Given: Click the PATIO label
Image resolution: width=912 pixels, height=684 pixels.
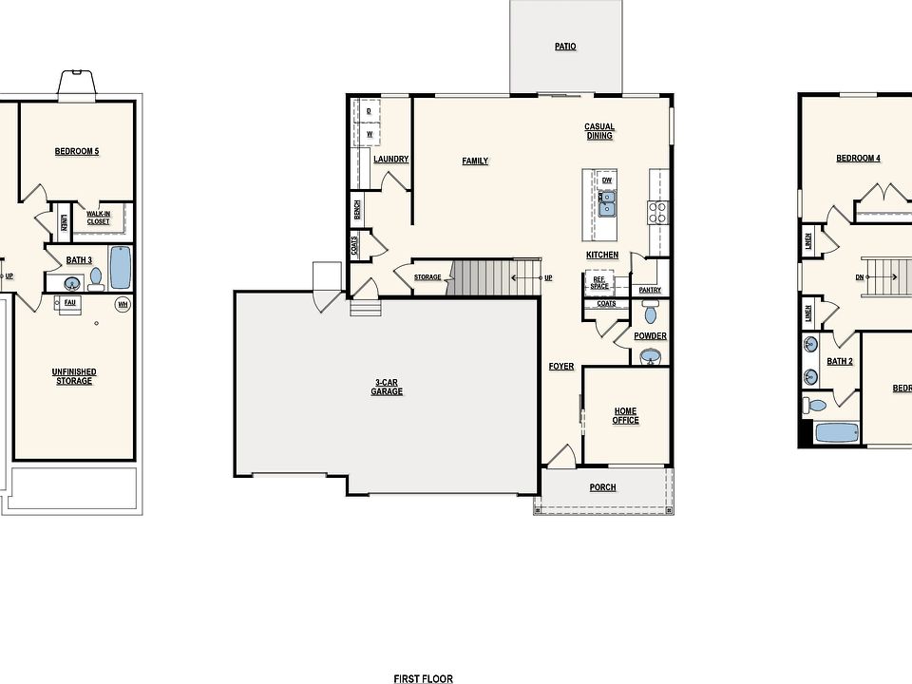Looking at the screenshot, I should point(565,47).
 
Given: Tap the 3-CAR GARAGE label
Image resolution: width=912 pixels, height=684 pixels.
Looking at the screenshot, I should point(387,387).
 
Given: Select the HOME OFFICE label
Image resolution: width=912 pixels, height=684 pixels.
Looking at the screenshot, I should point(625,415).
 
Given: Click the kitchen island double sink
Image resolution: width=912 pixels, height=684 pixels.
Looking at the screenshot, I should point(606,204).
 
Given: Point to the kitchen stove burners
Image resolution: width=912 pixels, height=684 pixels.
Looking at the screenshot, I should point(656,211).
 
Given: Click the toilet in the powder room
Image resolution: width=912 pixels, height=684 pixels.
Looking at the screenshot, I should point(651,313).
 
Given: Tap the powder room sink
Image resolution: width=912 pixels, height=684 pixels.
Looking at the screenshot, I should point(651,355).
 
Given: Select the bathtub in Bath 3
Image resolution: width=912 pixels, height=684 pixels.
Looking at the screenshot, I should point(121,267).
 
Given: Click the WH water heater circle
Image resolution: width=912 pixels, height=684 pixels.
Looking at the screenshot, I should point(122,304).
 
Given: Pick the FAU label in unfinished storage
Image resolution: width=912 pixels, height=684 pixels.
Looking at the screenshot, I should point(69,302).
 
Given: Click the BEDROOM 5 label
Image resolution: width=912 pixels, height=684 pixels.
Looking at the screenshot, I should point(76,151).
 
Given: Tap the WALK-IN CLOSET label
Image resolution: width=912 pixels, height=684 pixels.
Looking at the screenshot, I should point(98,218).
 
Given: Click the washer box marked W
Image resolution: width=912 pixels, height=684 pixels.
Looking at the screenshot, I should point(369,135).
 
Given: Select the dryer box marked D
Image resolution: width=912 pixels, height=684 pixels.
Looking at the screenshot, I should point(369,111).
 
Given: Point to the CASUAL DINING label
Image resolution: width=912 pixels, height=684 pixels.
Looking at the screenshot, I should point(599,131).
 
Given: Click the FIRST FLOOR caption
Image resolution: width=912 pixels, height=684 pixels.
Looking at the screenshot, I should point(423,678).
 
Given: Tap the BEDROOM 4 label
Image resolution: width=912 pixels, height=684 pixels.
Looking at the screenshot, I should point(858,159).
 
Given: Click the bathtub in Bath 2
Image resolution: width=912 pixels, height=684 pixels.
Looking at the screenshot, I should point(837,432).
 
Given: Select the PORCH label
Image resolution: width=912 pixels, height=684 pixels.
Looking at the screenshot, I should point(602,487).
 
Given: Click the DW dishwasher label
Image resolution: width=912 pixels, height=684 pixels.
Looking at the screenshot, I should point(606,180).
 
